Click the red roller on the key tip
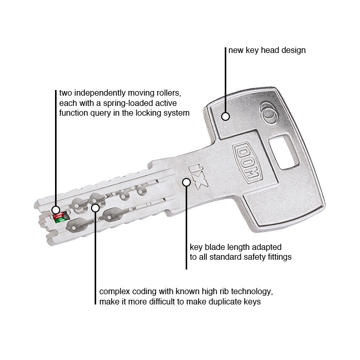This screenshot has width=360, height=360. point(59,215)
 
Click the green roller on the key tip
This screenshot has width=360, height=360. point(61,220)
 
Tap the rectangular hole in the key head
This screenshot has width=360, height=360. point(284,152)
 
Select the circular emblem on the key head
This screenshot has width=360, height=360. point(268,113)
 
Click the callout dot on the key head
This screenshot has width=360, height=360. point(225,116)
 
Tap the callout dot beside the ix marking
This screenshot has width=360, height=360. point(186,182)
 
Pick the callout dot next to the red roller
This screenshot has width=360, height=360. point(56,210)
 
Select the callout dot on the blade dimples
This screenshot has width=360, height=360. point(95,208)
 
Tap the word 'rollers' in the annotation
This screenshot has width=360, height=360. point(167,93)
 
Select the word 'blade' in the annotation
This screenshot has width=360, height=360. point(214,247)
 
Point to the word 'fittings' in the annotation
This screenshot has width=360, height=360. point(279,257)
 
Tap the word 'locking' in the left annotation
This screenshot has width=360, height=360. point(145,113)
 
